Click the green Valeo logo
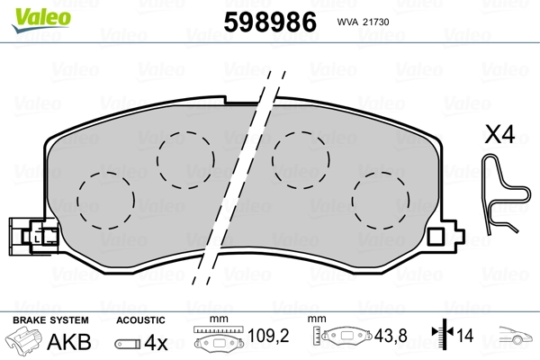point(41,20)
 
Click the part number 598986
point(270,22)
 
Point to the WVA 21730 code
point(363,22)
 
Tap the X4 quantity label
point(499,134)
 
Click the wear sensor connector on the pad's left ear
point(34,237)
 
